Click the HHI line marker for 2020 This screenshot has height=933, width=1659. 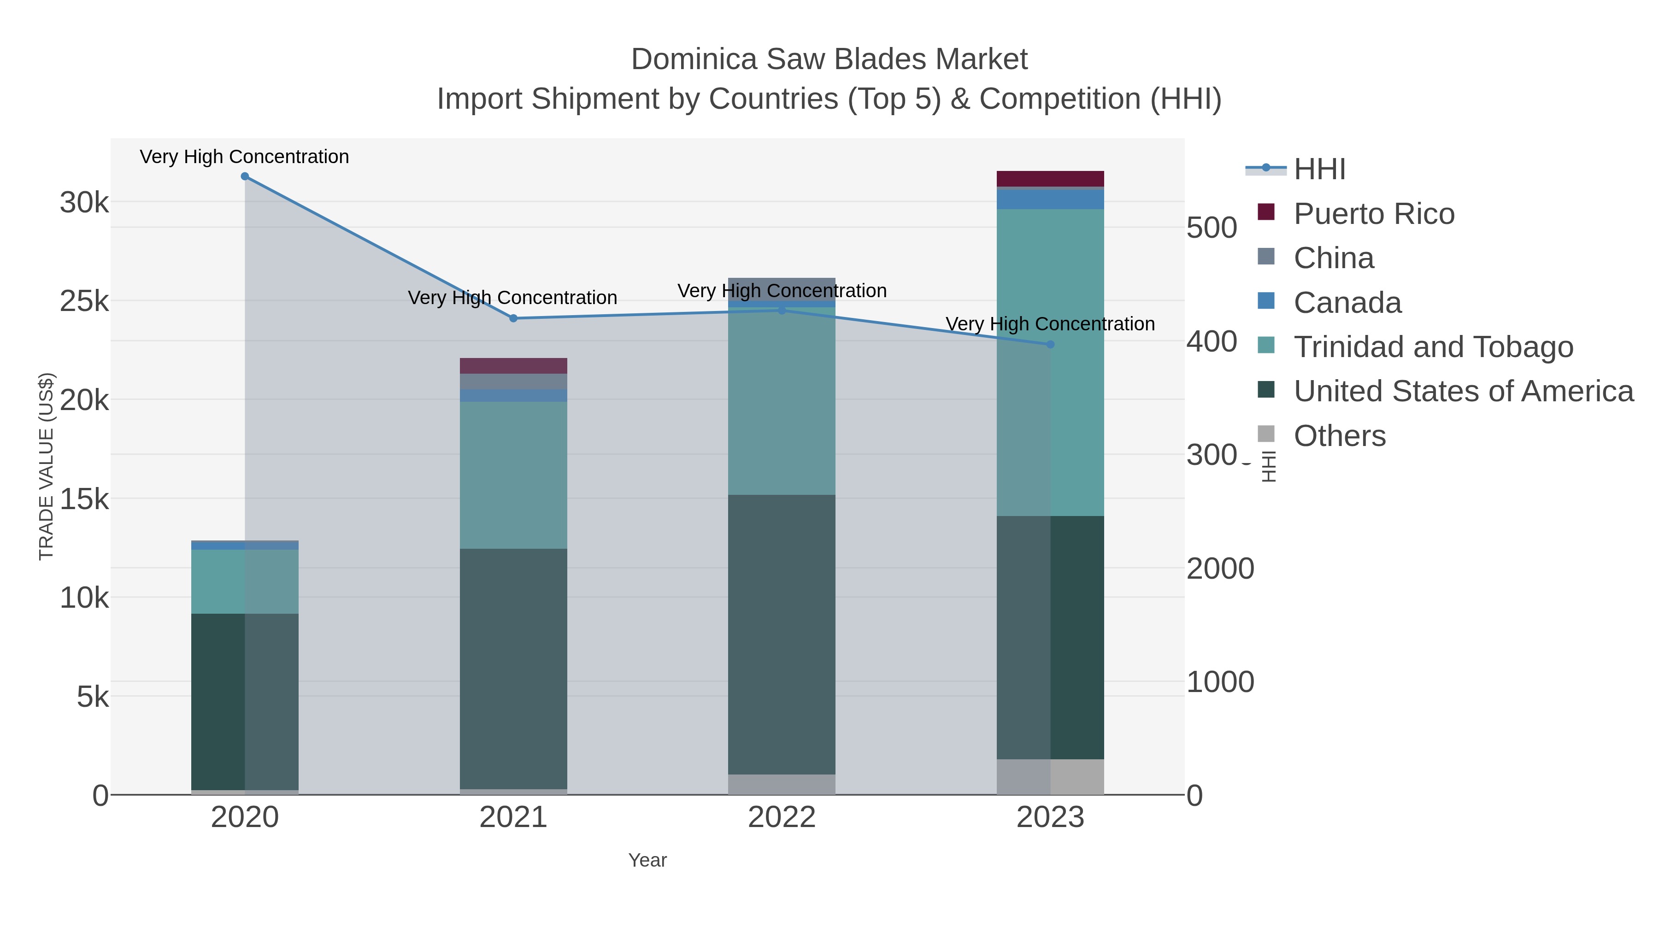pyautogui.click(x=245, y=176)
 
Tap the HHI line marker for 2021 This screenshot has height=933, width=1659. pyautogui.click(x=513, y=318)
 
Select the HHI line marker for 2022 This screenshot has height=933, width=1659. pyautogui.click(x=782, y=311)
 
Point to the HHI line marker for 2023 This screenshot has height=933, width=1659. pyautogui.click(x=1050, y=345)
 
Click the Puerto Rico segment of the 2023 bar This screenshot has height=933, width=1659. pyautogui.click(x=1050, y=178)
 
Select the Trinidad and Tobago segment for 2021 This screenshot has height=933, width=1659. pyautogui.click(x=513, y=475)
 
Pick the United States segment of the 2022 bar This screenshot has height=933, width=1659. pyautogui.click(x=782, y=634)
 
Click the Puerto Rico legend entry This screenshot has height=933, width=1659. pyautogui.click(x=1373, y=214)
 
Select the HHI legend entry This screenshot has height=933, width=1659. pyautogui.click(x=1319, y=170)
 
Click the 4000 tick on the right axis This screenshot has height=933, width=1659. pyautogui.click(x=1211, y=342)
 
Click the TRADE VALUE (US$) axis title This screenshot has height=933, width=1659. pyautogui.click(x=47, y=466)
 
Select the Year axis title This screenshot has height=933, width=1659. pyautogui.click(x=647, y=860)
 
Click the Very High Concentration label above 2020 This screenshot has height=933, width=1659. pyautogui.click(x=245, y=157)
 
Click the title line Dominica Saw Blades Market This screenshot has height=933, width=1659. pyautogui.click(x=829, y=59)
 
